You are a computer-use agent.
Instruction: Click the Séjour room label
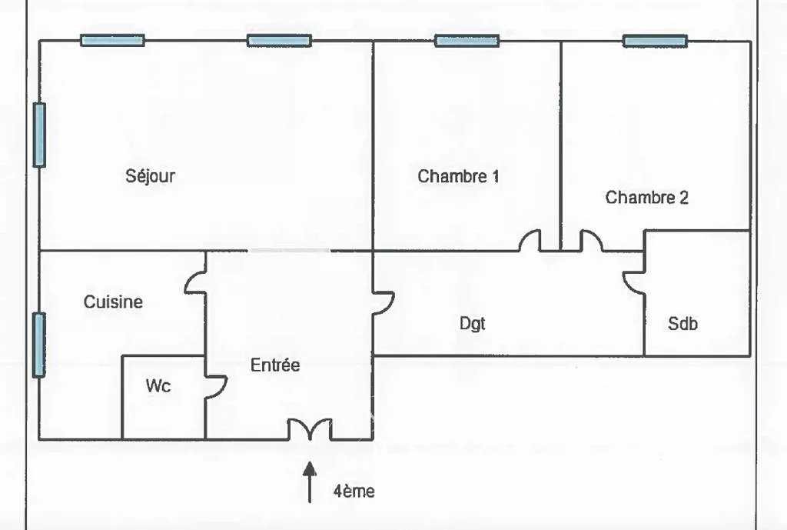[150, 176]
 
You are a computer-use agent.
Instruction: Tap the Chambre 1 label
[458, 176]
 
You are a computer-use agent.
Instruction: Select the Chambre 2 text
[646, 198]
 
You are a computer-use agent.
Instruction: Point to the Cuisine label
[113, 302]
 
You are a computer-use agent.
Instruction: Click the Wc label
[158, 386]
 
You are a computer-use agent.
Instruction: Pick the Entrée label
[275, 365]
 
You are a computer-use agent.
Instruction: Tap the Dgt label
[473, 324]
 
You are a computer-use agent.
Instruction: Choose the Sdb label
[682, 324]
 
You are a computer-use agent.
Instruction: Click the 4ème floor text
[354, 491]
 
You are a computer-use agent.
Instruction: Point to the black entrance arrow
[310, 482]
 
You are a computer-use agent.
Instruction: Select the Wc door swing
[216, 388]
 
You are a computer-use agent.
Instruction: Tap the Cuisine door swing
[195, 282]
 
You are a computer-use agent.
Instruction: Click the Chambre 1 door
[530, 241]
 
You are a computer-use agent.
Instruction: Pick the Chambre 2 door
[591, 241]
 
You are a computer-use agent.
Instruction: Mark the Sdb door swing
[634, 284]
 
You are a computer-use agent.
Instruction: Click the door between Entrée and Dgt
[383, 303]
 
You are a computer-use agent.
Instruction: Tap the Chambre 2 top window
[655, 42]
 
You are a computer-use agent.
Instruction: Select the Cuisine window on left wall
[39, 345]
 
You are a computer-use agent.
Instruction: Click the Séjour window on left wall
[39, 135]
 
